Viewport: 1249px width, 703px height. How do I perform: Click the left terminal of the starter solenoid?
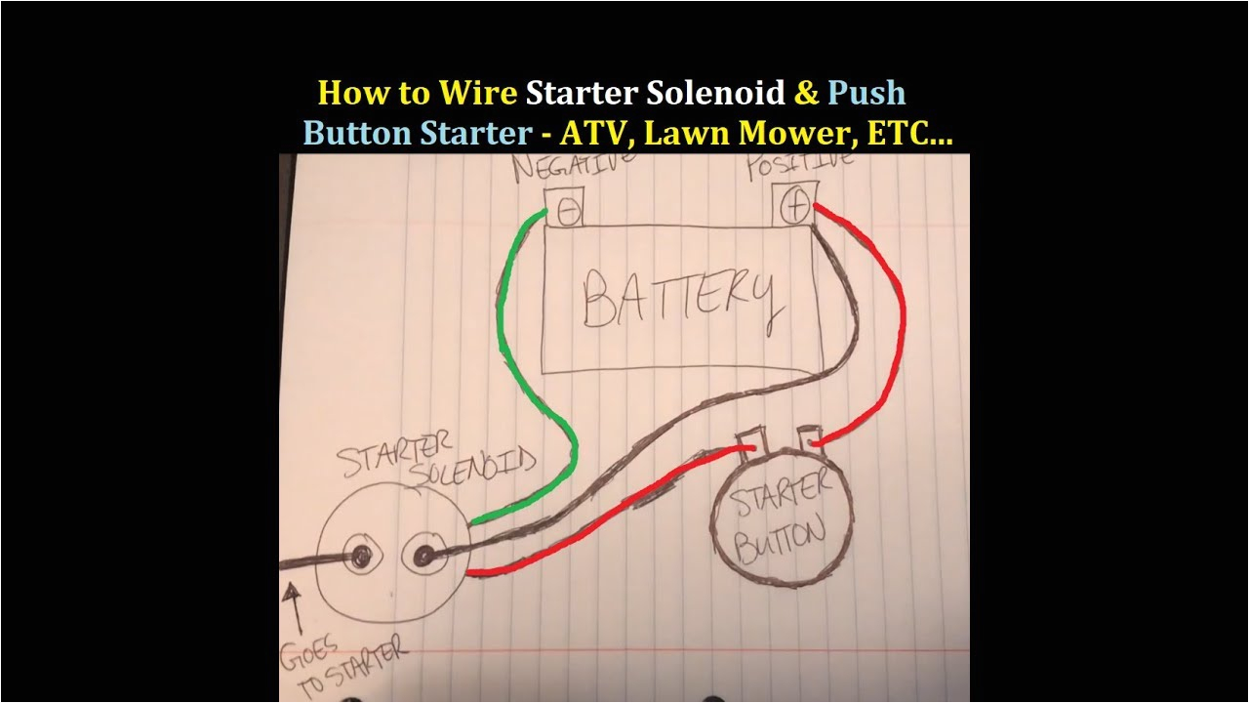click(362, 557)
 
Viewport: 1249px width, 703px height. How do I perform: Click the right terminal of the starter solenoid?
click(424, 557)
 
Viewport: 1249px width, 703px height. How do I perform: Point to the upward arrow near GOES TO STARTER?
click(291, 604)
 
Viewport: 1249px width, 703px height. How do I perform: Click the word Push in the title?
click(866, 93)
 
